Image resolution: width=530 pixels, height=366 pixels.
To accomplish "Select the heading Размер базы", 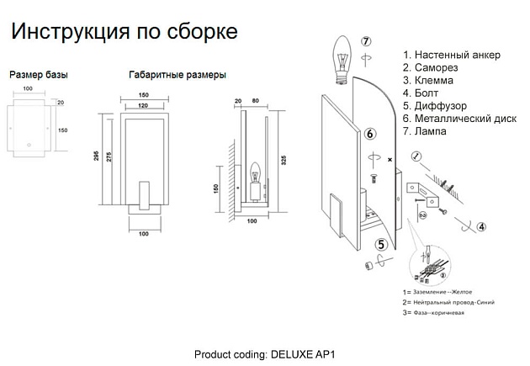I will pyautogui.click(x=38, y=75).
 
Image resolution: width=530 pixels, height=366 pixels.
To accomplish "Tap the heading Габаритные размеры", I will pyautogui.click(x=177, y=75).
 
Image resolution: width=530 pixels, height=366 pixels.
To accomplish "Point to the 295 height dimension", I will pyautogui.click(x=98, y=161).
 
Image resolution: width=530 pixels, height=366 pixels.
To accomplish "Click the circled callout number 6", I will pyautogui.click(x=370, y=134).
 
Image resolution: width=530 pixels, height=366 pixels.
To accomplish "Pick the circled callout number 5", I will pyautogui.click(x=381, y=245).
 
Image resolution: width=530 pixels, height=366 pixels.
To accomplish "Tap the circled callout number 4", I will pyautogui.click(x=480, y=226).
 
